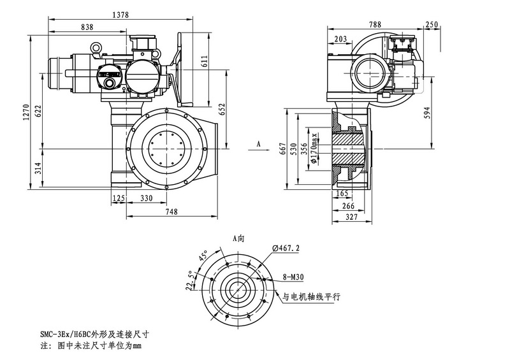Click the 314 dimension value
38,168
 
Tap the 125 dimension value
118,199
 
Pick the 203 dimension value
340,40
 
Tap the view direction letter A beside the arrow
259,145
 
